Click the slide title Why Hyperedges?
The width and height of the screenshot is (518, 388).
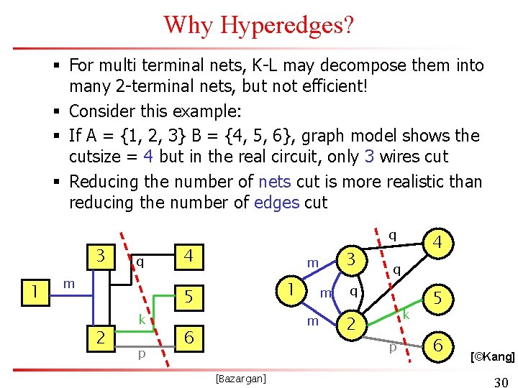point(259,24)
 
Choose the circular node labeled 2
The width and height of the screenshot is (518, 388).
point(351,325)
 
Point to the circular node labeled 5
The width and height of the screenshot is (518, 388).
point(437,296)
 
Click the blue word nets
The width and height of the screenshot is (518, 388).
point(274,181)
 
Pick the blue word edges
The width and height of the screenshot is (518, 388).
point(278,203)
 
